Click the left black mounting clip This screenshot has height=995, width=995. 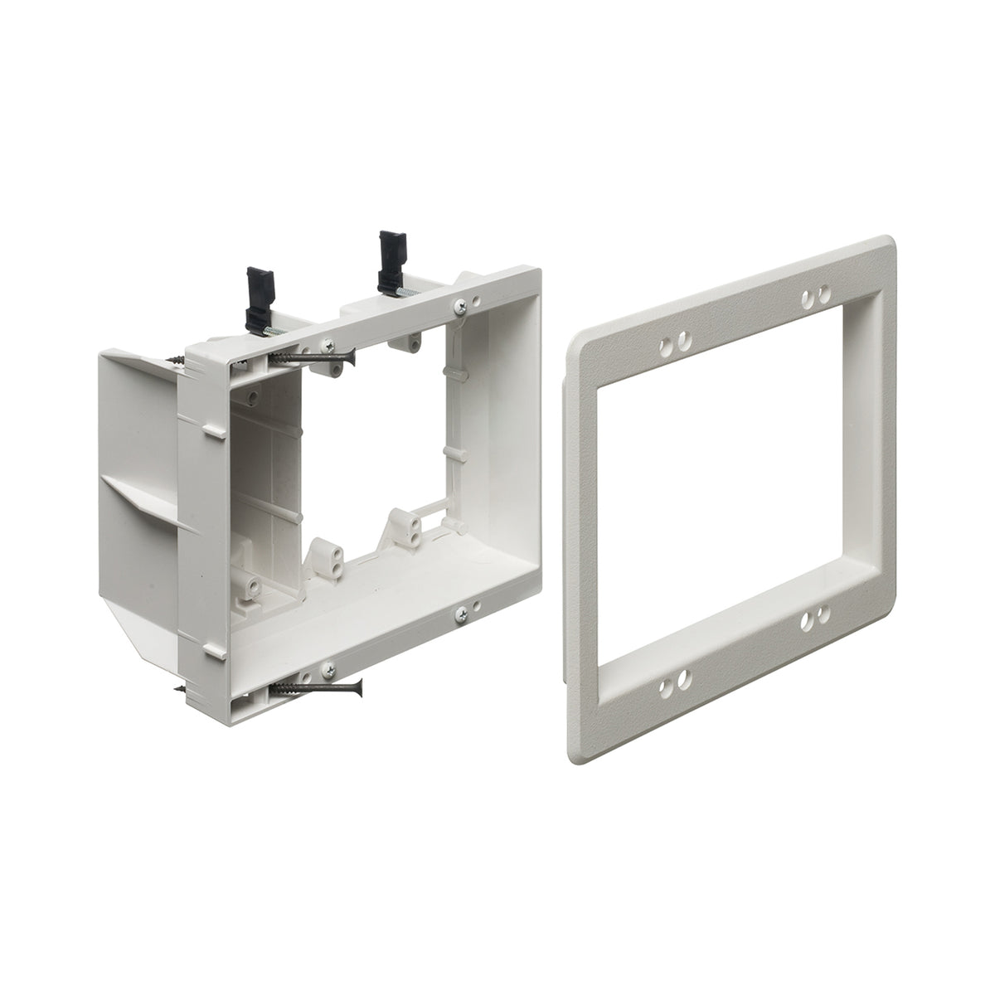point(257,286)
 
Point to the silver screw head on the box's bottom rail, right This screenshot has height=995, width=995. point(461,614)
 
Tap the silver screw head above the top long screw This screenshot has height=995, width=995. point(329,344)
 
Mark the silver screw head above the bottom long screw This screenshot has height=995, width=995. point(329,667)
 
